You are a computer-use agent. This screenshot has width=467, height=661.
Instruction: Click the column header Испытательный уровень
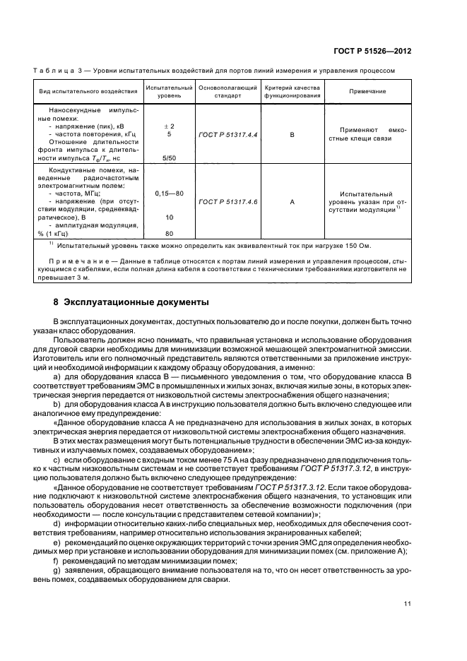click(x=168, y=92)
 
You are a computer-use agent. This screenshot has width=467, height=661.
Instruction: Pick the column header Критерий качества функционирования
click(x=292, y=92)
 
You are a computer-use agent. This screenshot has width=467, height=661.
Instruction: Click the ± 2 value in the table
click(x=169, y=126)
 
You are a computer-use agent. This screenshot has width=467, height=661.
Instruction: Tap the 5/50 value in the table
click(x=169, y=159)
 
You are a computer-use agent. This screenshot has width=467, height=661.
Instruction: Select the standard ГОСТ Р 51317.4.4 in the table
click(x=227, y=134)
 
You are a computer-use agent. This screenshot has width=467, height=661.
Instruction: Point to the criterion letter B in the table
click(x=292, y=134)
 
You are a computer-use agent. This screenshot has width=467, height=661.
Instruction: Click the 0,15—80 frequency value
click(x=169, y=193)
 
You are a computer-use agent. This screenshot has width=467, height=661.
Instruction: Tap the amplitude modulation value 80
click(x=169, y=234)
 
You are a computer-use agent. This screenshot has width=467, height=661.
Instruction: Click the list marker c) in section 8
click(x=76, y=460)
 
